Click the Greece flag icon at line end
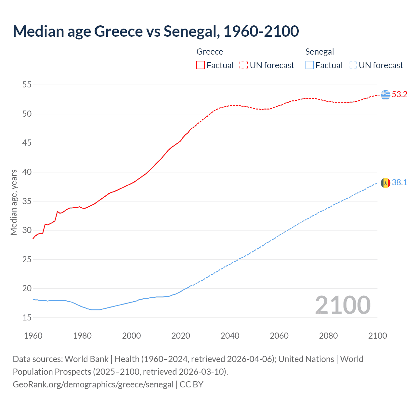click(x=385, y=95)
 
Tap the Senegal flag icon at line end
click(x=385, y=183)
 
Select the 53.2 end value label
click(x=399, y=95)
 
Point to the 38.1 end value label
click(x=399, y=183)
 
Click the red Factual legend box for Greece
click(x=201, y=65)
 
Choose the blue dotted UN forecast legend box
click(x=353, y=65)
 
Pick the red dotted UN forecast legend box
click(x=244, y=65)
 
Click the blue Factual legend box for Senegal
click(x=310, y=65)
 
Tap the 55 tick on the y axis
click(x=27, y=85)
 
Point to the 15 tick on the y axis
click(x=27, y=318)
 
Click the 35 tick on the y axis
click(x=27, y=201)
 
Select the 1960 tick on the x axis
click(x=33, y=336)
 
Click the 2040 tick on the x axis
click(x=230, y=336)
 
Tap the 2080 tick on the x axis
click(x=328, y=336)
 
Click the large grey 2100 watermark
click(x=343, y=305)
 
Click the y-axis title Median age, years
click(x=14, y=202)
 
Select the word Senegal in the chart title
click(x=190, y=32)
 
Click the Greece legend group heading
click(x=210, y=52)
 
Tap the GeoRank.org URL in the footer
click(x=93, y=384)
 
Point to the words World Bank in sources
click(x=86, y=359)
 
